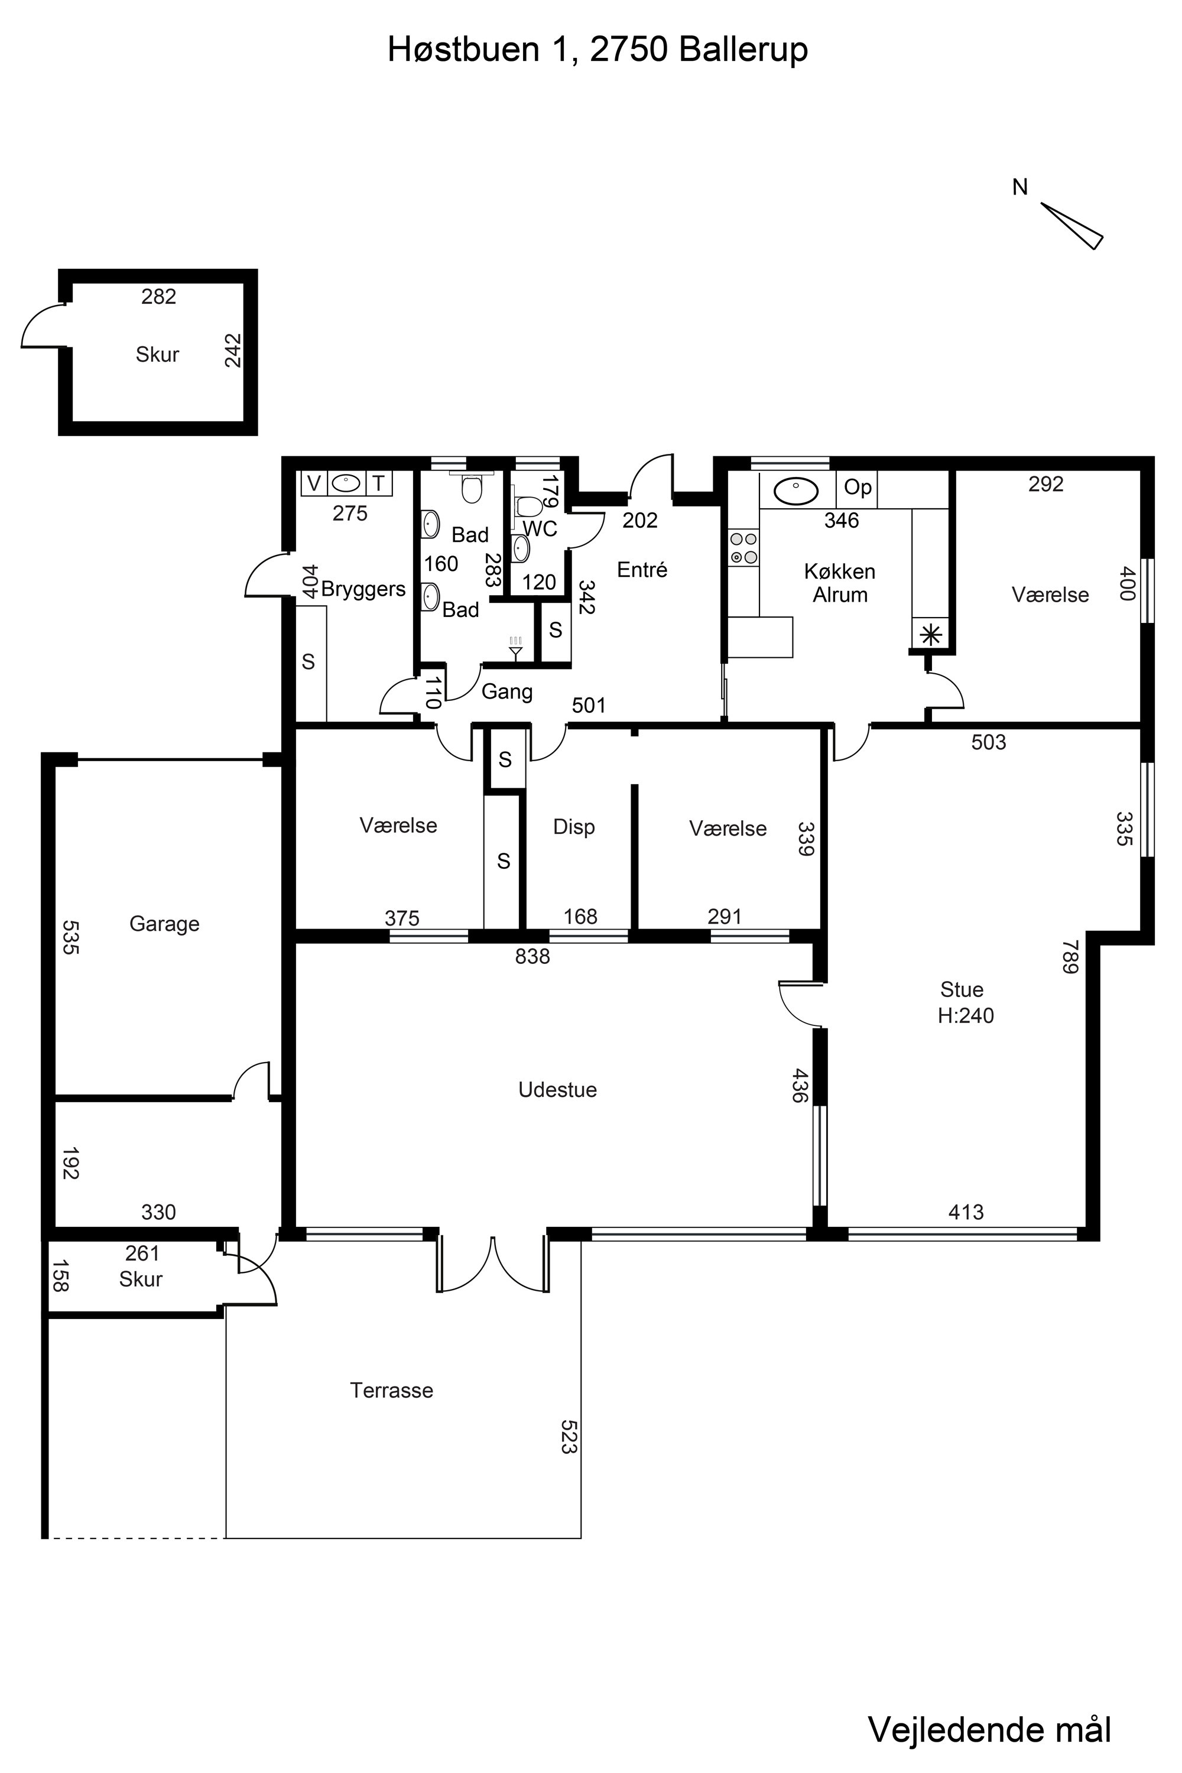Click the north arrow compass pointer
tap(1072, 225)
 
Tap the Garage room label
tap(164, 924)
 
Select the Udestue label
tap(558, 1090)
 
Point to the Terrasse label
tap(391, 1390)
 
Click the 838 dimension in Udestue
tap(532, 957)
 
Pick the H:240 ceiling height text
tap(966, 1015)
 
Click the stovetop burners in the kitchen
tap(743, 548)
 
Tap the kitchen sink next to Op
tap(796, 492)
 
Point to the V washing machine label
tap(314, 483)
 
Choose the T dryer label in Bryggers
tap(378, 483)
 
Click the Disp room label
tap(574, 827)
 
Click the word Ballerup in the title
tap(743, 50)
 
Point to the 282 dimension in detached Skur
tap(158, 297)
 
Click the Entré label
tap(642, 570)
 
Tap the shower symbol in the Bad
tap(515, 648)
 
